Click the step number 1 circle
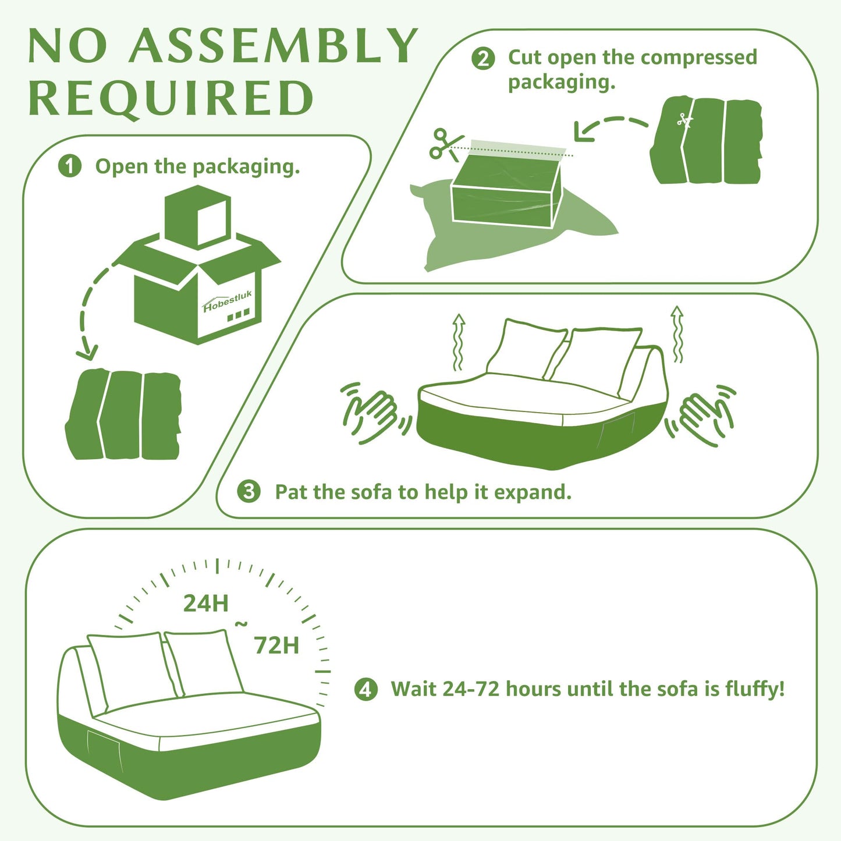pyautogui.click(x=70, y=166)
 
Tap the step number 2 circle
pyautogui.click(x=483, y=58)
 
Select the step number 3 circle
pyautogui.click(x=249, y=492)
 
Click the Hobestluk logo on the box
pyautogui.click(x=227, y=301)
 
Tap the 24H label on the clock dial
pyautogui.click(x=205, y=603)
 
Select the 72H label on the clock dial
pyautogui.click(x=276, y=645)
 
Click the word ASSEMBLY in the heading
pyautogui.click(x=274, y=46)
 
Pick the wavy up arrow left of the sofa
pyautogui.click(x=458, y=341)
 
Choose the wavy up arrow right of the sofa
pyautogui.click(x=677, y=334)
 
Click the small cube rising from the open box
pyautogui.click(x=197, y=217)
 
